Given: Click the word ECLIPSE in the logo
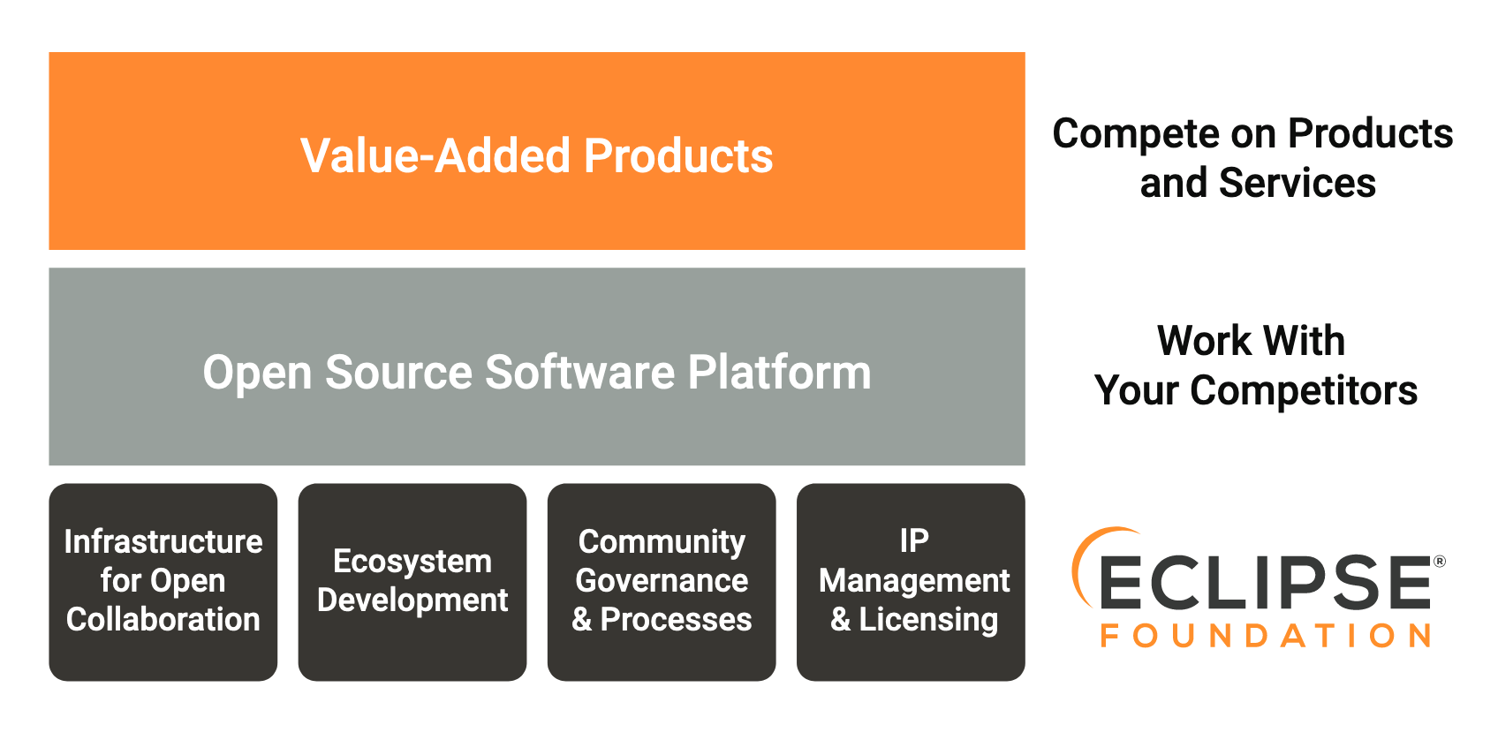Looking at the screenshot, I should pos(1265,582).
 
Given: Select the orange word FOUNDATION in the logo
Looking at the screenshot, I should pos(1265,636).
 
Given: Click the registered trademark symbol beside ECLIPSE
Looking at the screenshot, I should pos(1439,562).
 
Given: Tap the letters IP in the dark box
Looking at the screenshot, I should pos(914,540).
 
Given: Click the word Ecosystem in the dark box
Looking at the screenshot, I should pos(412,562).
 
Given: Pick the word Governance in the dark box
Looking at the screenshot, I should pos(662,580).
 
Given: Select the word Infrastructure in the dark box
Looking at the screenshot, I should pos(163,541).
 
